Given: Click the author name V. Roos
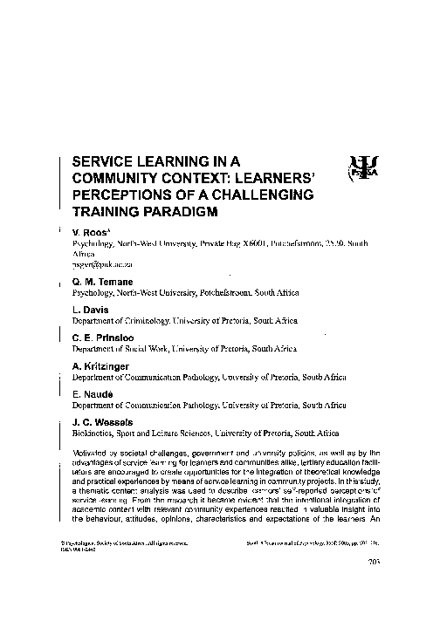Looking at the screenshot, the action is tap(89, 233).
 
